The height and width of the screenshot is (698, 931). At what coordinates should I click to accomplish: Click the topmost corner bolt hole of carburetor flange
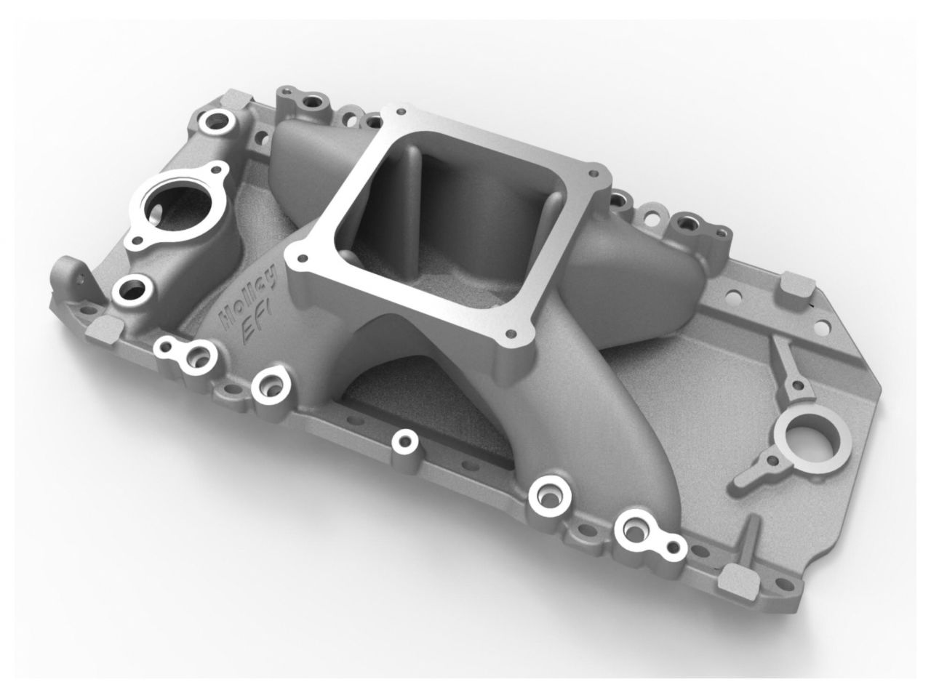point(399,112)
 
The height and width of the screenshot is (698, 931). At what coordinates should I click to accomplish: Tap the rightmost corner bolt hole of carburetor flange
point(596,174)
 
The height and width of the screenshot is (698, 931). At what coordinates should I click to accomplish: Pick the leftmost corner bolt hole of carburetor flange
point(294,257)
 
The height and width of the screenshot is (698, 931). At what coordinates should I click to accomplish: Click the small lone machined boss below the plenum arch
point(402,441)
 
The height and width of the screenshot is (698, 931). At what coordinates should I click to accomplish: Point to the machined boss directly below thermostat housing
point(132,290)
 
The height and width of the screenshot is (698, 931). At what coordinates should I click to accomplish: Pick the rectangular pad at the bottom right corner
point(733,579)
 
